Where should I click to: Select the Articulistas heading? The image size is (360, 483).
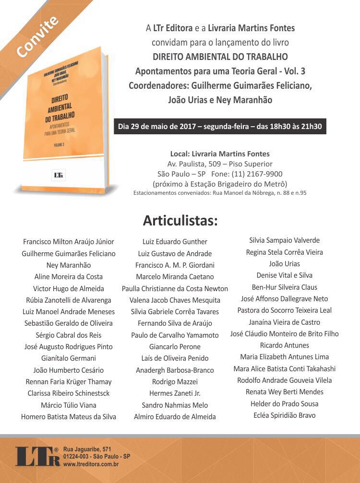180,221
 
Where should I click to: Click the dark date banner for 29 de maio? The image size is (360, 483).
220,127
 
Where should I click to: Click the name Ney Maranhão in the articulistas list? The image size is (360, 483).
69,265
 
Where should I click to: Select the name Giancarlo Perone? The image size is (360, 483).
175,347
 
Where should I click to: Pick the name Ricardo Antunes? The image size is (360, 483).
285,345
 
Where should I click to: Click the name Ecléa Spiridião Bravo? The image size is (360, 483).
285,415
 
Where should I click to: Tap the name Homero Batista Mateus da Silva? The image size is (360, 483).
69,417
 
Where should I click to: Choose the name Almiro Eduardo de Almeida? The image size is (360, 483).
175,417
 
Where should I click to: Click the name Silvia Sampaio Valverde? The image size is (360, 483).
285,240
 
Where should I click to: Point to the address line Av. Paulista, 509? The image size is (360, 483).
220,164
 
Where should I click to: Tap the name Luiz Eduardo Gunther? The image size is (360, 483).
175,242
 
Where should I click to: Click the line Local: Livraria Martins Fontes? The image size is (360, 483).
220,154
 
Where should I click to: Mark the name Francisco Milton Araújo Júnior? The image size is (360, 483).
69,242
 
